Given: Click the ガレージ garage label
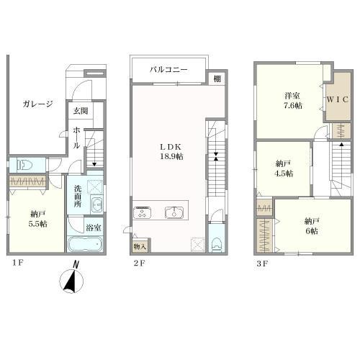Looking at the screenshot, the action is [x=37, y=104].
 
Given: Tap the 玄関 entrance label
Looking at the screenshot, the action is [x=81, y=111].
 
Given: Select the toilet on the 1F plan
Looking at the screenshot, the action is [x=24, y=165].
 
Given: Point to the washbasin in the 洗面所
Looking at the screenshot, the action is [x=96, y=205].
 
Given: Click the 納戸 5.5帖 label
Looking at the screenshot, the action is [x=38, y=219].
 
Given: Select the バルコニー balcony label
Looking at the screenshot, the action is [x=168, y=70].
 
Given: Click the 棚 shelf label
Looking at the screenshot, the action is [x=217, y=78].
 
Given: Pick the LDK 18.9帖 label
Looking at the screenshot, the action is [x=171, y=151].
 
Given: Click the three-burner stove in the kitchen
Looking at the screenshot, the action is [x=142, y=212].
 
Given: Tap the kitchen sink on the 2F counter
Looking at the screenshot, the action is [x=174, y=212].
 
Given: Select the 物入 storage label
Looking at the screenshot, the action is [x=140, y=246].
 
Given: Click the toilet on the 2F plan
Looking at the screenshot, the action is [x=216, y=245].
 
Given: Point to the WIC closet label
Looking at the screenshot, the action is [x=338, y=99].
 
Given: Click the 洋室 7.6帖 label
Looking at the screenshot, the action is [x=292, y=101].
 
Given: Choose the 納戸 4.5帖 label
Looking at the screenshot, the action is [x=284, y=168].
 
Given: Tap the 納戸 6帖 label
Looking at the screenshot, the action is [x=312, y=225].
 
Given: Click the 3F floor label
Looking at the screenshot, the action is [x=262, y=264].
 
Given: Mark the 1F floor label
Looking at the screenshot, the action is [x=17, y=263].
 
